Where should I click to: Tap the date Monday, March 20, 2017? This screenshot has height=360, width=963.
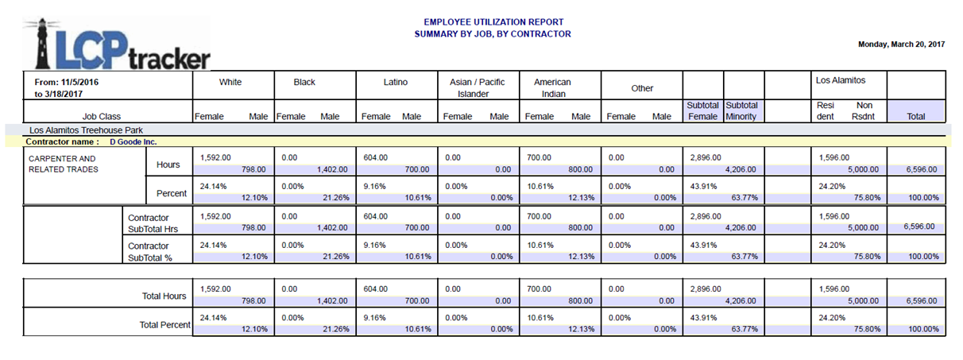point(901,45)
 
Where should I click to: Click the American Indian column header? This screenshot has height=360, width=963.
point(552,87)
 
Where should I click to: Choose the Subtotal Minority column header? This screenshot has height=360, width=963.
point(742,110)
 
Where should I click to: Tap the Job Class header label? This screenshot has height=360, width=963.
point(102,116)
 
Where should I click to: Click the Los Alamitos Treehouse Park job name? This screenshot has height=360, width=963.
point(80,129)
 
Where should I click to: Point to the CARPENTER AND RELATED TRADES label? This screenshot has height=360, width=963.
point(62,164)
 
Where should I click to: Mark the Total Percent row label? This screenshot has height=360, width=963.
point(165,324)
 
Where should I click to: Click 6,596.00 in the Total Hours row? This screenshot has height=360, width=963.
point(919,301)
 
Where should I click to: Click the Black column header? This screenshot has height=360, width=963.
point(304,82)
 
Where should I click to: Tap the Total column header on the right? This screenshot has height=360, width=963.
point(916,116)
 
